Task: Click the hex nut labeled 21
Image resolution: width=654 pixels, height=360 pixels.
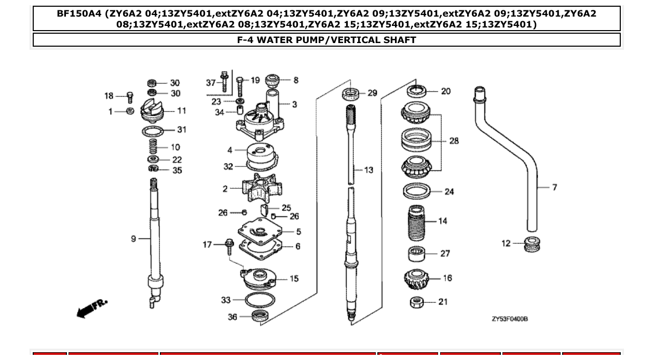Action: click(x=417, y=302)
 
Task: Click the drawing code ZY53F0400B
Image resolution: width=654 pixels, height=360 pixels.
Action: click(x=509, y=319)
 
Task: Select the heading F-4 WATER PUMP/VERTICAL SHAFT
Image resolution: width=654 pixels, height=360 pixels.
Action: click(x=326, y=40)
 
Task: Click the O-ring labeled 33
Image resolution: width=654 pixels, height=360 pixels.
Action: click(x=260, y=299)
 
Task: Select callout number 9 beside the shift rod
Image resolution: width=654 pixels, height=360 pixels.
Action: click(x=134, y=239)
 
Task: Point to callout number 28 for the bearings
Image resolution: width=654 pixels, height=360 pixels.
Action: click(x=454, y=141)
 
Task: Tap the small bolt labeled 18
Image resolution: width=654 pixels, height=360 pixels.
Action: click(x=130, y=97)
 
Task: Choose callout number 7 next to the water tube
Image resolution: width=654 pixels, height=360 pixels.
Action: click(x=554, y=187)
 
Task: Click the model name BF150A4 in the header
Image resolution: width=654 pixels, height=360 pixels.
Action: click(x=79, y=13)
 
